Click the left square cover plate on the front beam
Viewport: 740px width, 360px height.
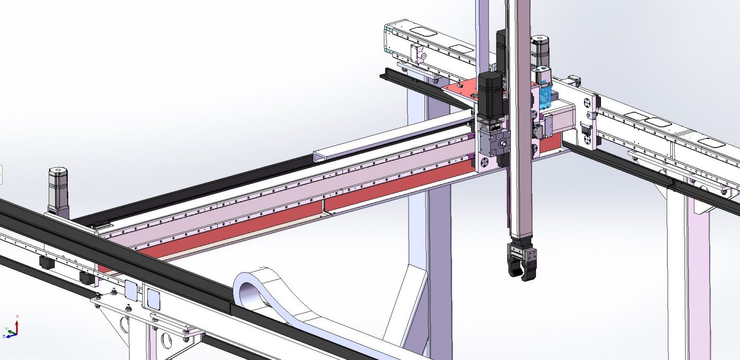130,289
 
